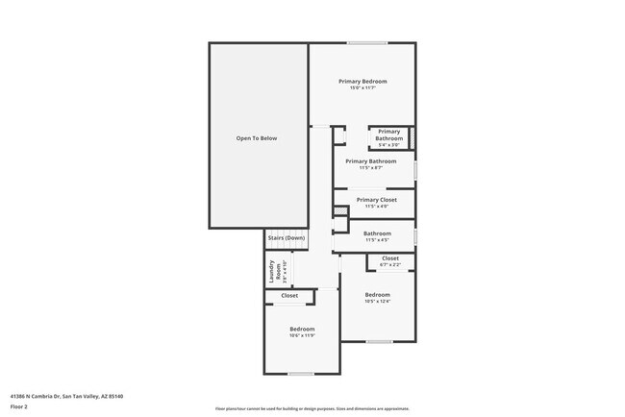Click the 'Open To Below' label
point(257,138)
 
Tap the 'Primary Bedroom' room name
point(362,82)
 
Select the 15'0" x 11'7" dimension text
point(362,88)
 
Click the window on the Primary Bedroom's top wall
point(367,42)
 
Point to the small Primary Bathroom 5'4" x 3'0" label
point(388,135)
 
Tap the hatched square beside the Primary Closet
point(339,211)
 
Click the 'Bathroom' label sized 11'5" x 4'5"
point(377,233)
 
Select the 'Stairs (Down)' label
point(287,237)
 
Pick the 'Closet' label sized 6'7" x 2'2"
point(390,258)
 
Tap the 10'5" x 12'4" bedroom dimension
point(377,301)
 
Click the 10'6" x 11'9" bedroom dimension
point(302,335)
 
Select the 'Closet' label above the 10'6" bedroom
point(289,296)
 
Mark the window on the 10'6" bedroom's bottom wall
point(302,374)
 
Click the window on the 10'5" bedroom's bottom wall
point(379,341)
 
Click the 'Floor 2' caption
point(19,406)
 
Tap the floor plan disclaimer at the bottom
point(312,408)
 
